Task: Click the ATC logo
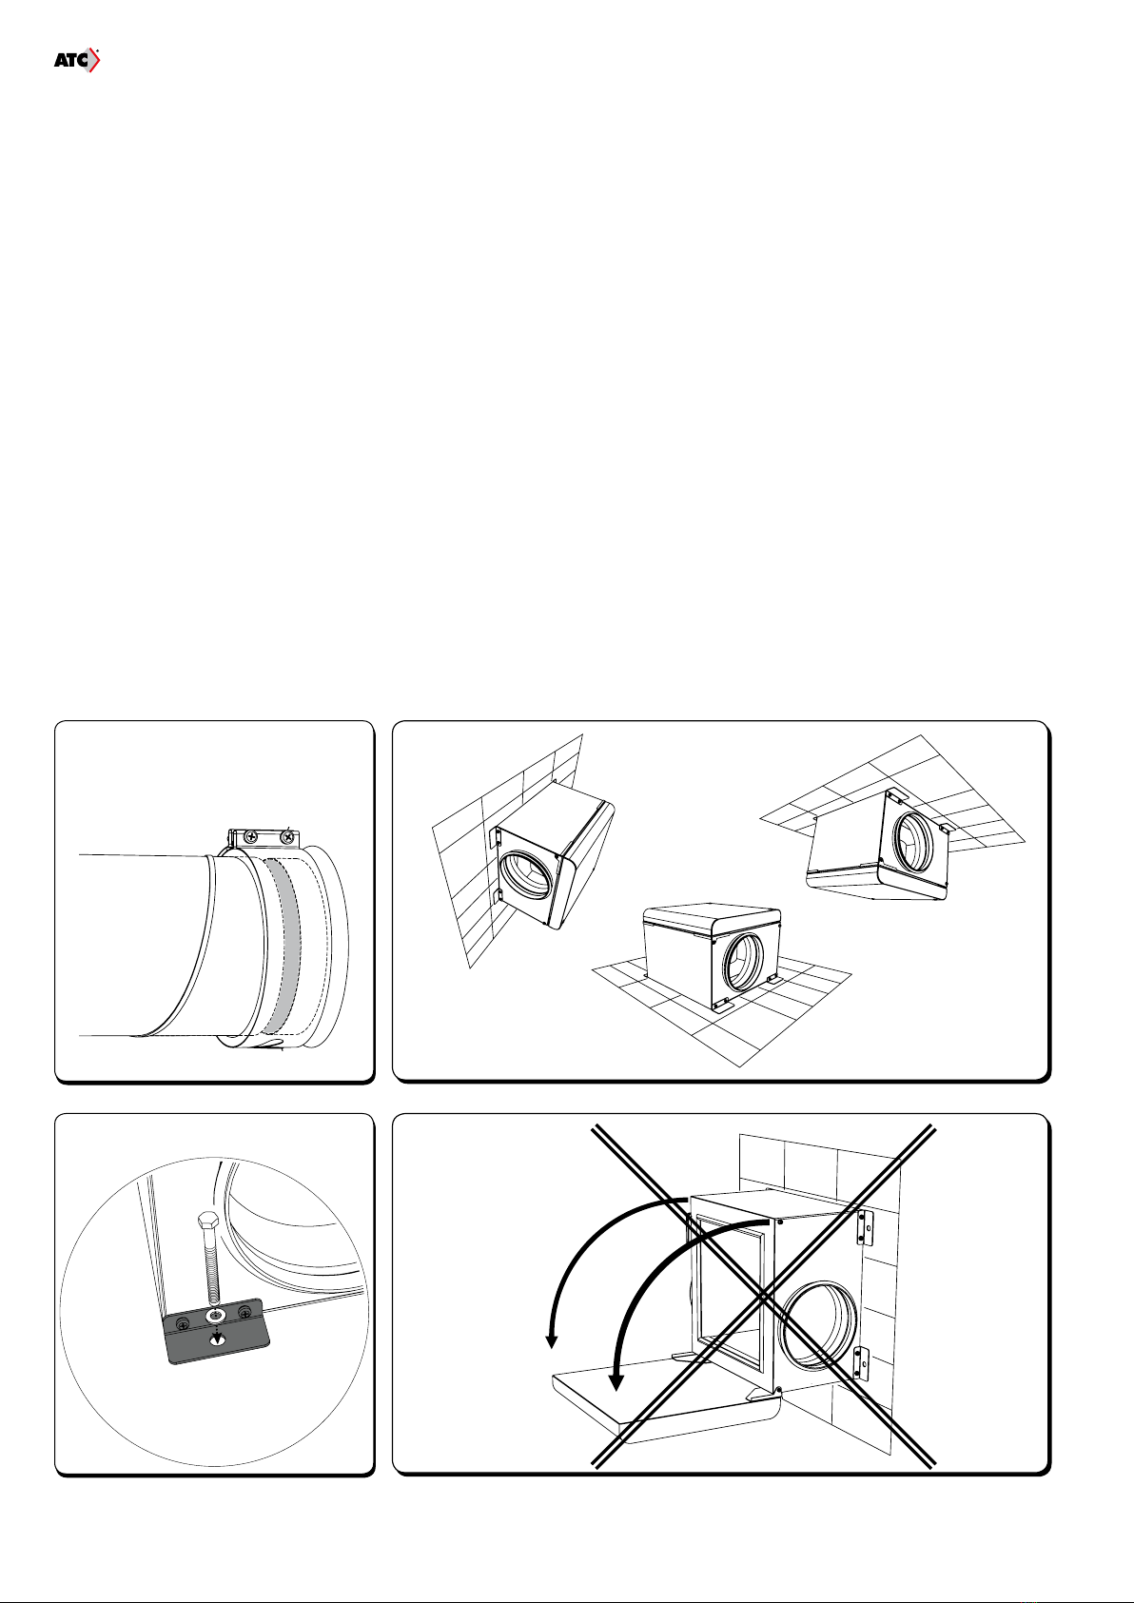(x=76, y=61)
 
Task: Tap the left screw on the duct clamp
(x=250, y=835)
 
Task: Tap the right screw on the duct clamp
(x=287, y=835)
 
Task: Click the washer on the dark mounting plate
(x=215, y=1316)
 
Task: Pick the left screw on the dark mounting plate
(x=183, y=1324)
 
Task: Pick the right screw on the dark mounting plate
(x=245, y=1312)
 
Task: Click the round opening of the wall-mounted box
(x=526, y=880)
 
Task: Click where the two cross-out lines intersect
(x=763, y=1296)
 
